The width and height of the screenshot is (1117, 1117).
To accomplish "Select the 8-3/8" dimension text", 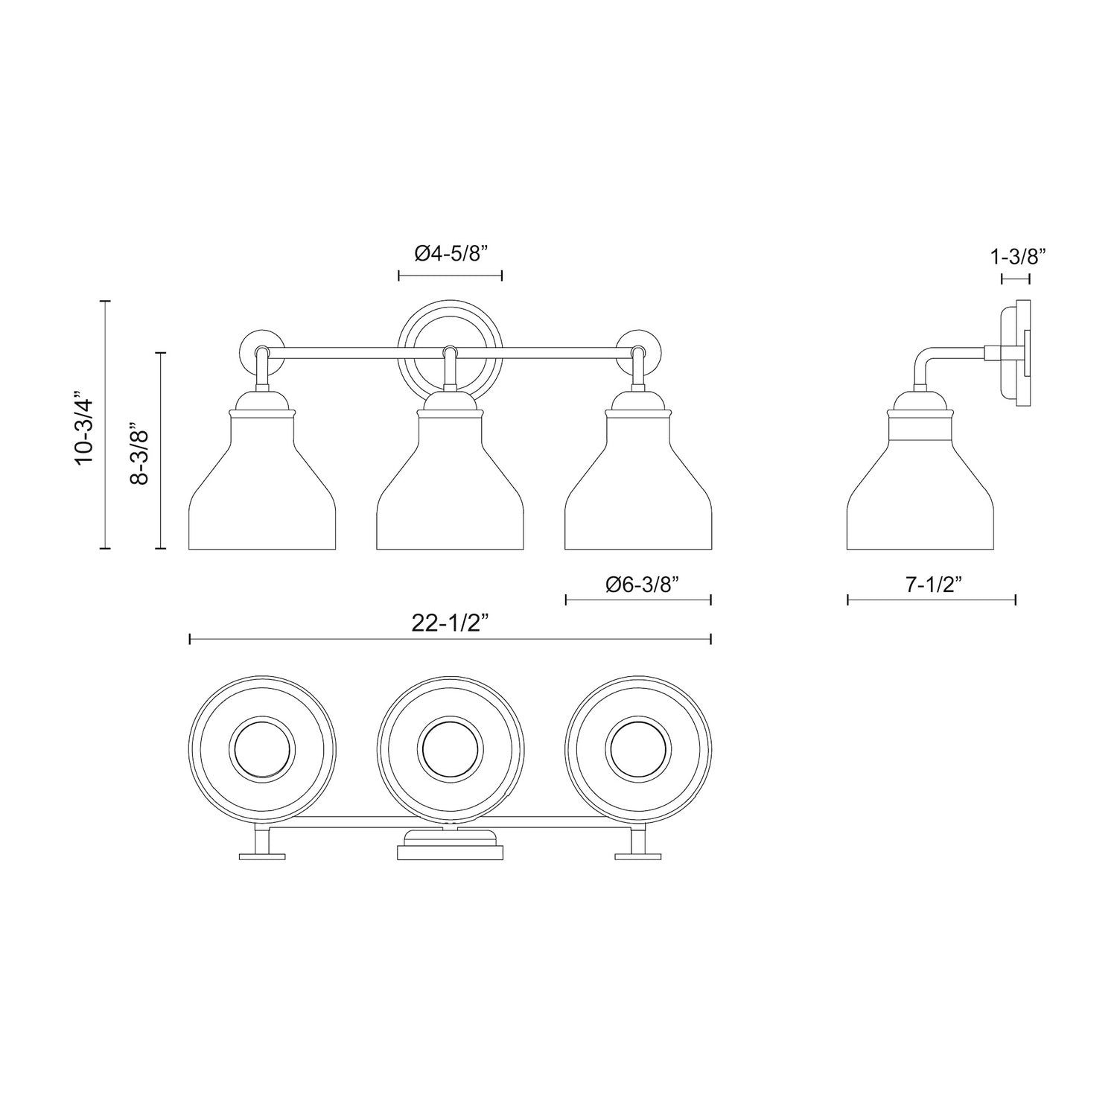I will tap(139, 456).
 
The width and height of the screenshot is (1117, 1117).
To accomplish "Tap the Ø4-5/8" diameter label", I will tap(451, 254).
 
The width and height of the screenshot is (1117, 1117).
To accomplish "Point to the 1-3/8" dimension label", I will tap(1018, 257).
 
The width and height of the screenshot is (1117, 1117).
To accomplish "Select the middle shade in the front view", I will tap(450, 491).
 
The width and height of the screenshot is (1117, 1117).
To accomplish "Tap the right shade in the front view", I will tap(637, 491).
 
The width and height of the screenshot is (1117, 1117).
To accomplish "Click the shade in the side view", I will tap(921, 491).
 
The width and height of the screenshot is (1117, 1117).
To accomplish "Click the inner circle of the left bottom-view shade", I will tap(261, 748).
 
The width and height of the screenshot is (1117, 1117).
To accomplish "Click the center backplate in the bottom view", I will tap(450, 847).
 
